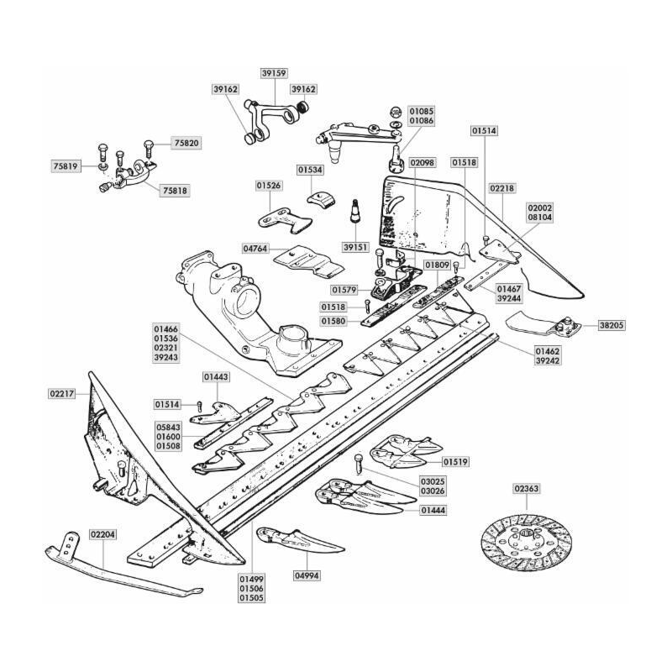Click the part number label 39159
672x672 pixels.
[x=274, y=73]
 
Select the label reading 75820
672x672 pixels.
[x=186, y=144]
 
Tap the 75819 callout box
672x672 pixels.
[x=65, y=166]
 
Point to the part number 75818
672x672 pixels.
[x=174, y=191]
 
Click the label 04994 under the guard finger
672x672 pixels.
[x=307, y=575]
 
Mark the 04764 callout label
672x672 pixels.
[x=257, y=249]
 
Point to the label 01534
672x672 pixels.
[x=309, y=170]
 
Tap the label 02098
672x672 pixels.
[x=423, y=161]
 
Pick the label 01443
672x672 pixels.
[x=215, y=377]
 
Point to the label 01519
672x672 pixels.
[x=456, y=462]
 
